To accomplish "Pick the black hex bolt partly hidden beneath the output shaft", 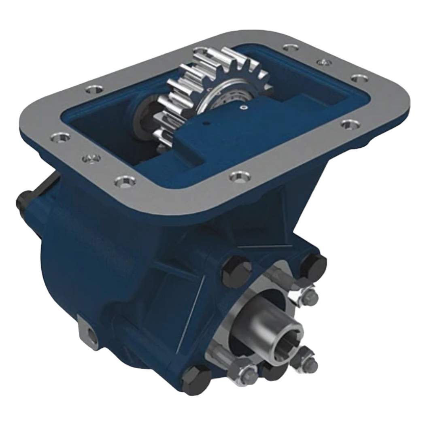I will tap(270, 368).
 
